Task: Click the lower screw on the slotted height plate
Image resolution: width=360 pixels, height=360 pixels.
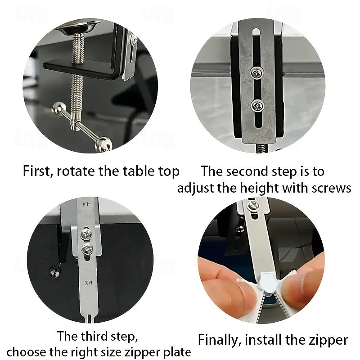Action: click(x=257, y=106)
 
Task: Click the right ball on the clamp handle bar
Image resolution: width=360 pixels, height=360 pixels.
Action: click(x=103, y=144)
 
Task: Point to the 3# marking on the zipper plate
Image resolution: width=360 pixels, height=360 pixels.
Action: click(x=88, y=283)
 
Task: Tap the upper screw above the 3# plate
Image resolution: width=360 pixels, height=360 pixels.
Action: click(x=86, y=234)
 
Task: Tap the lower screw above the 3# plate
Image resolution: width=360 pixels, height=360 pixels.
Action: click(x=87, y=249)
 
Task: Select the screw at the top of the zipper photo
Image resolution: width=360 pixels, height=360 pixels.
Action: click(x=253, y=206)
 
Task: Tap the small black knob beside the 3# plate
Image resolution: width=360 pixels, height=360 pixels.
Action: click(x=55, y=272)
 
